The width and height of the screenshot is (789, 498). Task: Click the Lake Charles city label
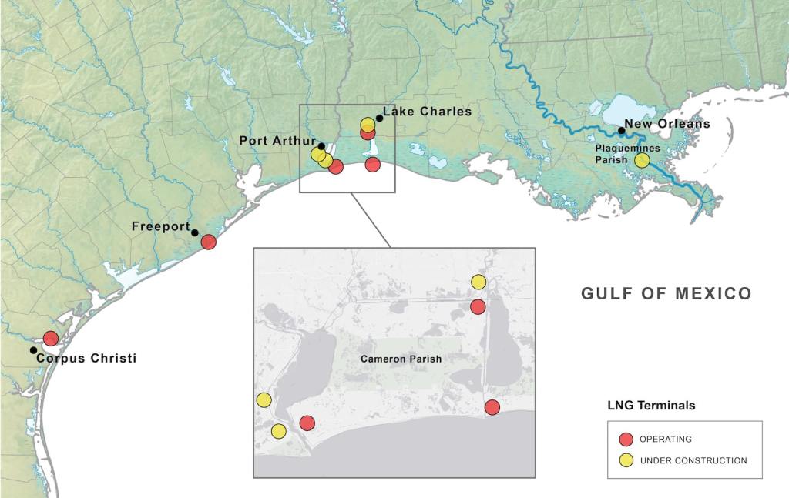coord(427,112)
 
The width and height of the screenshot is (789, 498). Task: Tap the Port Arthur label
coord(277,141)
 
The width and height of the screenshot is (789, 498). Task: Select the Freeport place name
coord(160,226)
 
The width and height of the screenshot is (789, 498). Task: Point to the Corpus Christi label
coord(86,358)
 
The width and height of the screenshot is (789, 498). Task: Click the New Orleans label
coord(666,123)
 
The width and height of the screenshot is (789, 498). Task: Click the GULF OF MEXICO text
coord(666,293)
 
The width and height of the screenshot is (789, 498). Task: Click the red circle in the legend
coord(626,440)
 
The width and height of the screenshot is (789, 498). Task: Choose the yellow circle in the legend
coord(626,460)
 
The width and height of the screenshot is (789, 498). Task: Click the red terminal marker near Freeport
coord(208,242)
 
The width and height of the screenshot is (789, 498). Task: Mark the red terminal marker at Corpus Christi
coord(51,338)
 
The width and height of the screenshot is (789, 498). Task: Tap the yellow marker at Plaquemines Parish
coord(642,160)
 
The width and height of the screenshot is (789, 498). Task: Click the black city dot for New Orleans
coord(621,131)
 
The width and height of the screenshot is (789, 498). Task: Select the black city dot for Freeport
coord(195,232)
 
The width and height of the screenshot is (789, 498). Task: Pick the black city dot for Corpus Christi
coord(33,350)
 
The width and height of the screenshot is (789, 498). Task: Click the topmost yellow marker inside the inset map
coord(478,282)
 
